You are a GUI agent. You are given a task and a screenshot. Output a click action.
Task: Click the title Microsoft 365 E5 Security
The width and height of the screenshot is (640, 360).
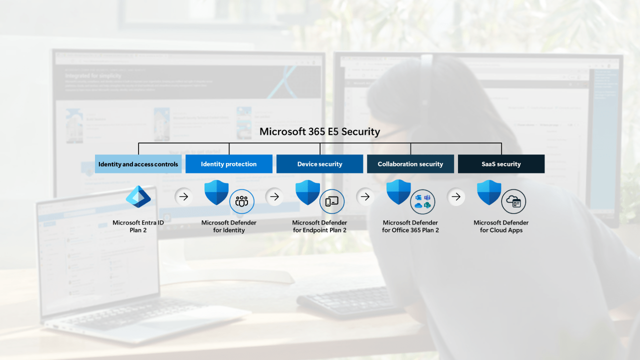pos(319,132)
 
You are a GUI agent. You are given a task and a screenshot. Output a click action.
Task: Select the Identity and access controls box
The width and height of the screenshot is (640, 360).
pos(138,164)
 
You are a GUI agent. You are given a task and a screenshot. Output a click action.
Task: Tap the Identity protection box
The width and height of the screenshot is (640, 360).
pos(228,164)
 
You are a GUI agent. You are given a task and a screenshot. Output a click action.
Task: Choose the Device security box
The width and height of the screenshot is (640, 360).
pos(319,164)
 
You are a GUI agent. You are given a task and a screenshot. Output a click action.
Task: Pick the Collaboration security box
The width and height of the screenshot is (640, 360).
pos(410,164)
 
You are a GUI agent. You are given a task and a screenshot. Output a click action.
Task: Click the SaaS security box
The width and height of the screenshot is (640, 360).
pos(501,164)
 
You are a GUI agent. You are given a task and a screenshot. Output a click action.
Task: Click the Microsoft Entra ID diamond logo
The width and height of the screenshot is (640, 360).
pos(138,196)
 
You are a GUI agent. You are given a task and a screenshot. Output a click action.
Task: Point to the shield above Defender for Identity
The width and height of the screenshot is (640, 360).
pos(216,192)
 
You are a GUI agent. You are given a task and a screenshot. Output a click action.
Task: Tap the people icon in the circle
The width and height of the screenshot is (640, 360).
pos(242,201)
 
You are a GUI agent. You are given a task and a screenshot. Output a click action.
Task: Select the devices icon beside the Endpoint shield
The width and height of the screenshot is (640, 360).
pos(332,201)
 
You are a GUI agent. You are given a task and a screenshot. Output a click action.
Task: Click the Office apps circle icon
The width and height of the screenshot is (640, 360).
pos(422,201)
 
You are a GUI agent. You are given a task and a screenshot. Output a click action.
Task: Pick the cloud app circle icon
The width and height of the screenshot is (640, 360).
pos(513,201)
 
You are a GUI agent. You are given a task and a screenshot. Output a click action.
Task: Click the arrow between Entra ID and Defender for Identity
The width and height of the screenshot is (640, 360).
pos(183,196)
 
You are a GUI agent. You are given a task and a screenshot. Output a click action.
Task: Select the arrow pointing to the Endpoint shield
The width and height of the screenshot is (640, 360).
pos(274,196)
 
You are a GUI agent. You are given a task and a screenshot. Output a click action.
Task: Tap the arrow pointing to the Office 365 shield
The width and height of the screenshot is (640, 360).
pos(365,196)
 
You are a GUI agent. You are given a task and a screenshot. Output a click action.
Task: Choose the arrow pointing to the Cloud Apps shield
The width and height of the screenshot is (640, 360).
pos(455,196)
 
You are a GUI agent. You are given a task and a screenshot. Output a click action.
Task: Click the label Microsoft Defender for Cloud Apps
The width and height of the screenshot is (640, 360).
pos(501,226)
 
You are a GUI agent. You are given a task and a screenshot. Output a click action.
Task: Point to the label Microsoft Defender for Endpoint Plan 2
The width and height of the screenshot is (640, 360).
pos(319,226)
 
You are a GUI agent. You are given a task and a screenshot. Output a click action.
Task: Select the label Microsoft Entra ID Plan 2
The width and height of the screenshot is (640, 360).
pos(138,226)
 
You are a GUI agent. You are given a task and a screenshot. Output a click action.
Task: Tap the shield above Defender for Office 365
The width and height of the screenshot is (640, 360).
pos(398,192)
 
